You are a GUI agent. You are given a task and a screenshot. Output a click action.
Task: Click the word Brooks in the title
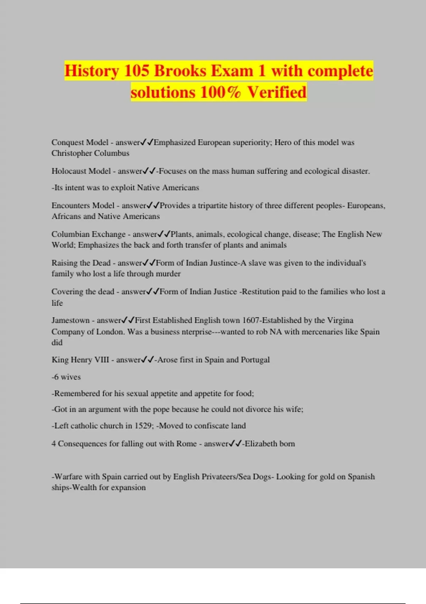[180, 71]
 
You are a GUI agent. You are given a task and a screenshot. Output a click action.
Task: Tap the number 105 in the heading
[136, 71]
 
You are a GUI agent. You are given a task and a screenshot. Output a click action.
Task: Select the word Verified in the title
[277, 92]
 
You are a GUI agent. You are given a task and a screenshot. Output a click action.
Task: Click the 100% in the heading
[220, 92]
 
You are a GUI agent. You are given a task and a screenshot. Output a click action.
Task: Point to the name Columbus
[111, 153]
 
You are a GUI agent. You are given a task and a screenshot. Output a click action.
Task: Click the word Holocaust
[81, 171]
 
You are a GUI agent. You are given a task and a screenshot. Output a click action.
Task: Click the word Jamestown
[70, 320]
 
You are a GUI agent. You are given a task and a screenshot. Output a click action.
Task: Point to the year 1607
[251, 320]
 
